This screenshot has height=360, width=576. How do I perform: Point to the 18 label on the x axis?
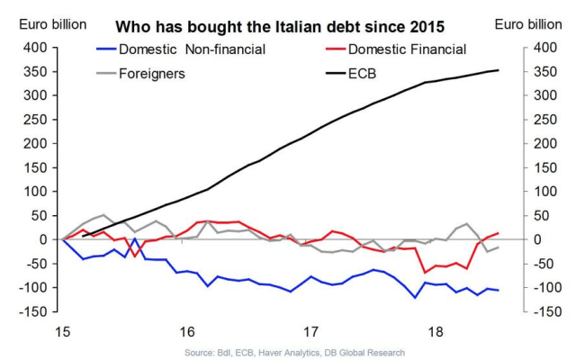click(436, 329)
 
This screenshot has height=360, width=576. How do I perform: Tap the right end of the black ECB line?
click(499, 70)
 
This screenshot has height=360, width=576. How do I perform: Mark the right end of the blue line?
click(499, 290)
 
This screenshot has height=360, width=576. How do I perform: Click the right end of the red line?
click(499, 233)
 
